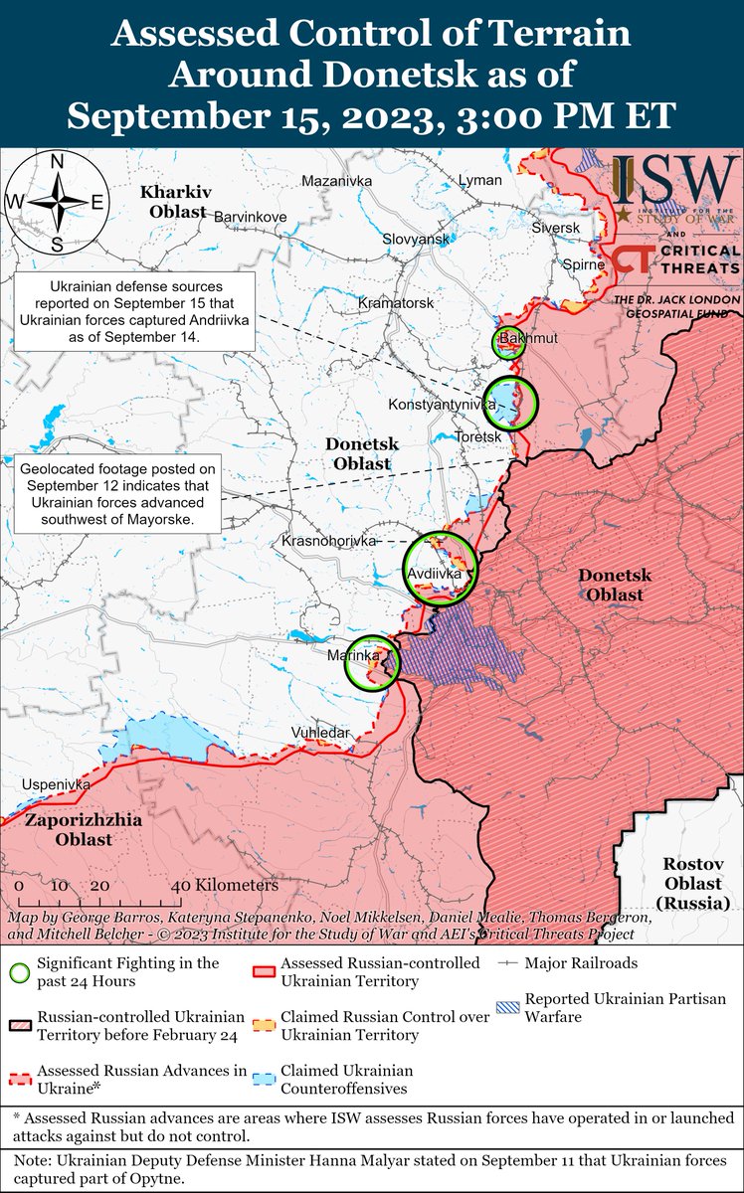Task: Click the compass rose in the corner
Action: [58, 202]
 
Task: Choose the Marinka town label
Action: [352, 655]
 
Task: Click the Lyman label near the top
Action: [480, 180]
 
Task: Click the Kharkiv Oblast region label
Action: [172, 201]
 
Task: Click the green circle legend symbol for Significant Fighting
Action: [19, 972]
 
